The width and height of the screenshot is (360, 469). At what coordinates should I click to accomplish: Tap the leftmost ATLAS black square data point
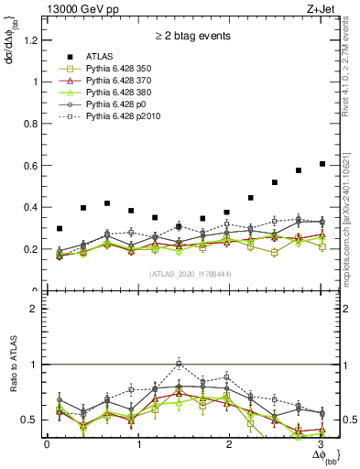[x=60, y=228]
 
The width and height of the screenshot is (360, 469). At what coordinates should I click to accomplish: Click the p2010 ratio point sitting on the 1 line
[x=179, y=363]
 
